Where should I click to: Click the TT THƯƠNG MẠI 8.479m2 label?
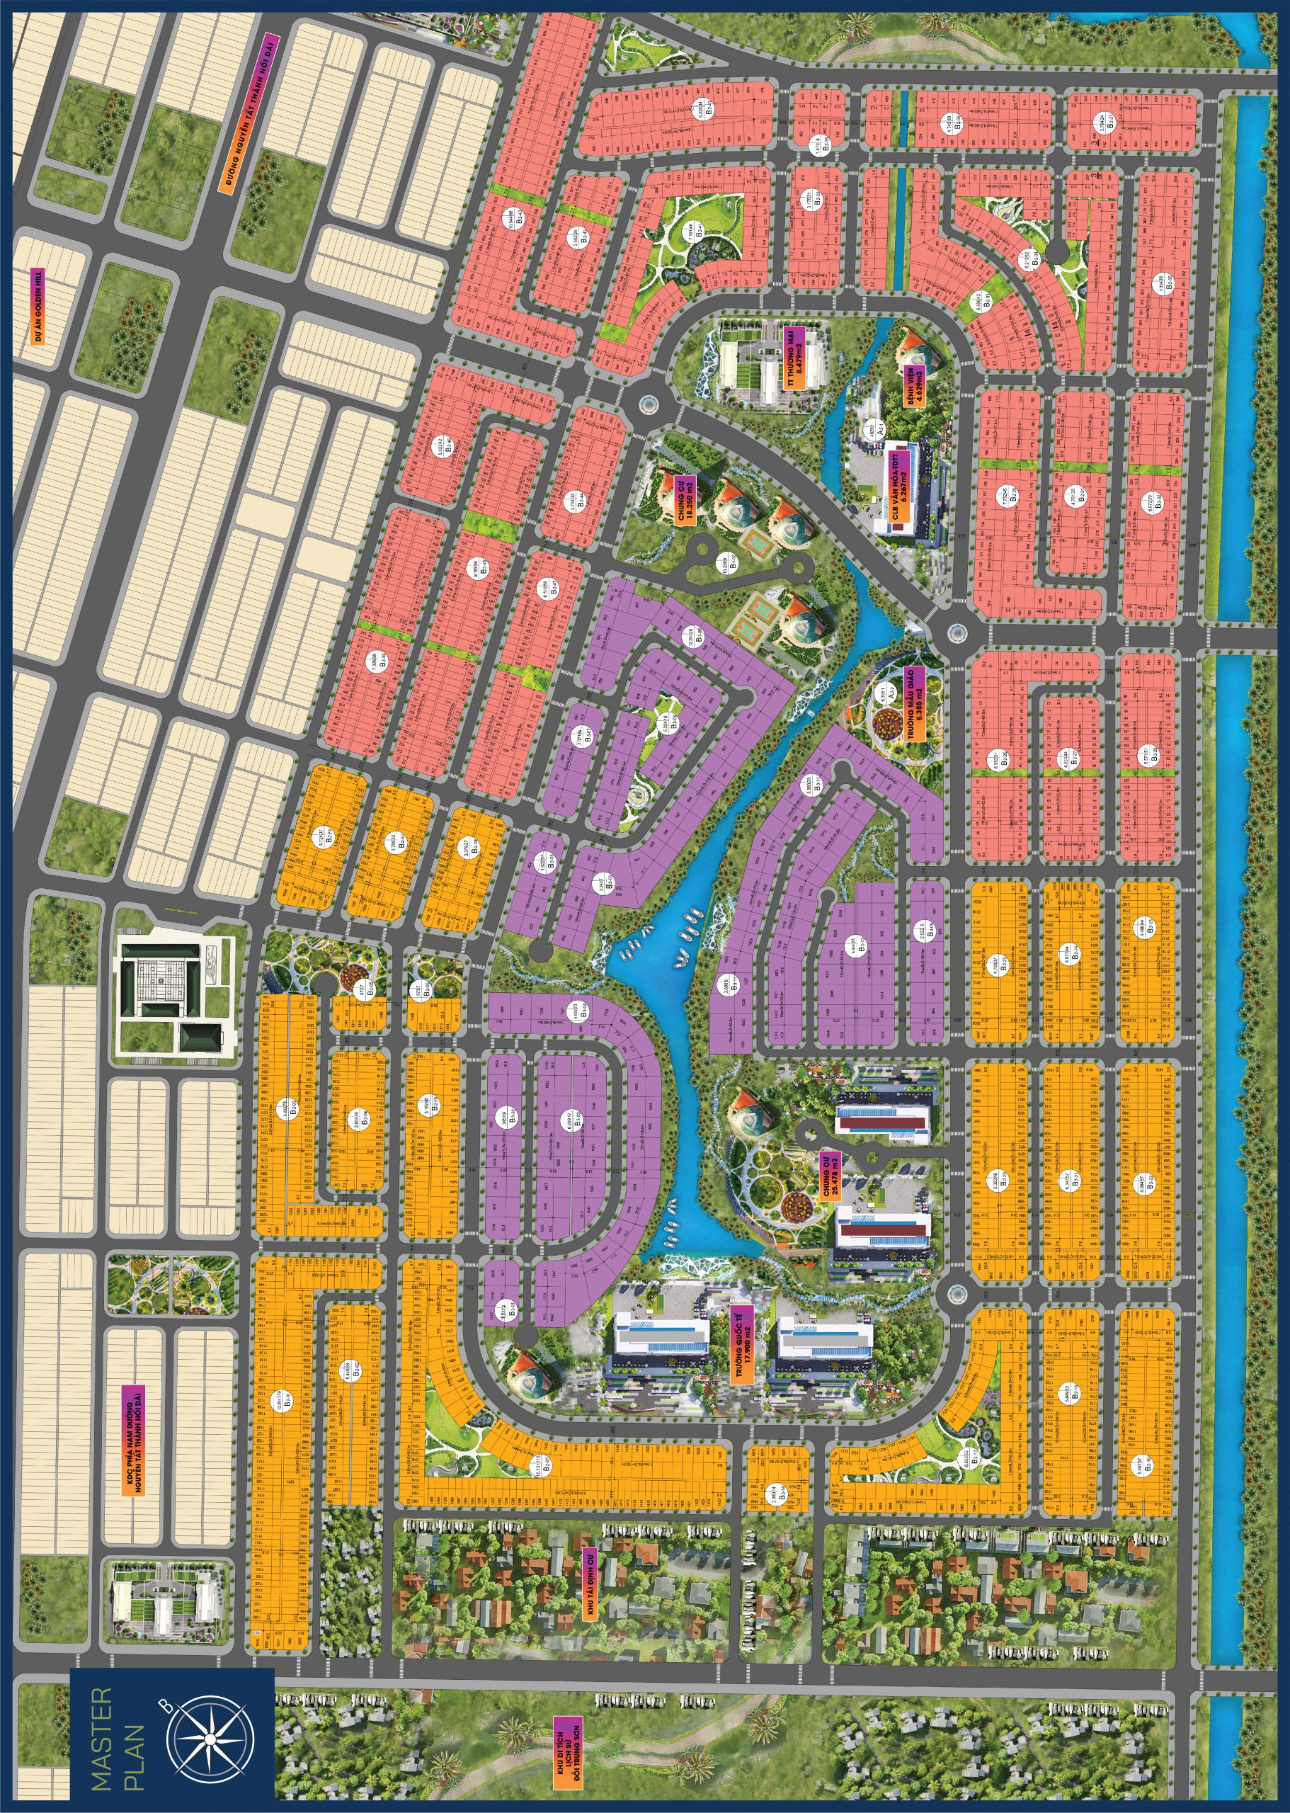coord(795,358)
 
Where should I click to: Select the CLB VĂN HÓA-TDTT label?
coord(896,485)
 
